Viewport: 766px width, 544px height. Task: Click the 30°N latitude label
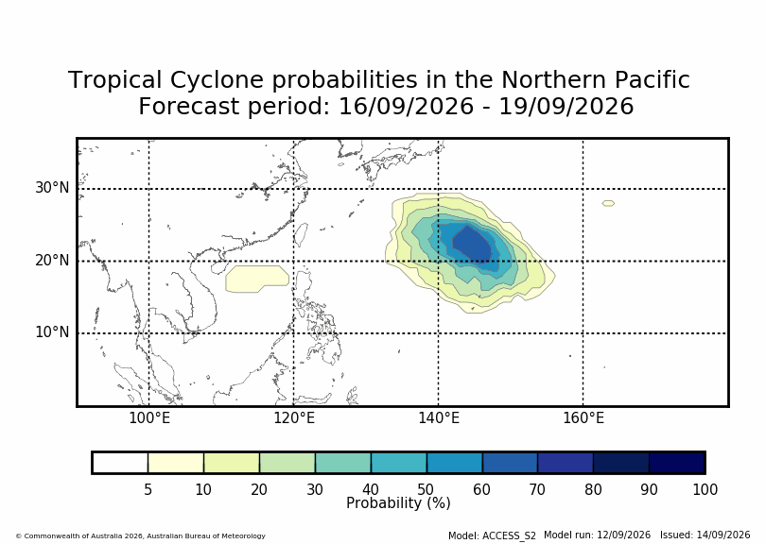[x=52, y=187]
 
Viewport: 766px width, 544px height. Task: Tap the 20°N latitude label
[x=52, y=260]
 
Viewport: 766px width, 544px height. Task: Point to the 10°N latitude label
[x=52, y=332]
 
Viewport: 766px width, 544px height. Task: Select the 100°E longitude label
[x=149, y=418]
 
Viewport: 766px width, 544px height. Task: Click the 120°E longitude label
[x=294, y=418]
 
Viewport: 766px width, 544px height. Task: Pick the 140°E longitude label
[x=439, y=418]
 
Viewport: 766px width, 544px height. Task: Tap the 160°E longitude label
[x=583, y=418]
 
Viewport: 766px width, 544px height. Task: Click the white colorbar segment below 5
[x=120, y=463]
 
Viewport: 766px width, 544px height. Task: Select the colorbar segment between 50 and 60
[x=454, y=463]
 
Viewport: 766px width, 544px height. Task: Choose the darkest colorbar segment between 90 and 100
[x=677, y=463]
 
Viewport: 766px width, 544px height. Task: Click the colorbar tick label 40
[x=371, y=489]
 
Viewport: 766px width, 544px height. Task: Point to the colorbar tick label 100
[x=705, y=489]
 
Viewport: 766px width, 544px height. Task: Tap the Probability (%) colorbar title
[x=398, y=503]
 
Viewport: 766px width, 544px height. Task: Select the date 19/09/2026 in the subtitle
[x=566, y=107]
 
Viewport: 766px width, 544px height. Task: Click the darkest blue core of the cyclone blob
[x=471, y=243]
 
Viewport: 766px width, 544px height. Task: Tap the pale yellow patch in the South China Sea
[x=257, y=279]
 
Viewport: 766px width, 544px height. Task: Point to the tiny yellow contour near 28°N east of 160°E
[x=608, y=203]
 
